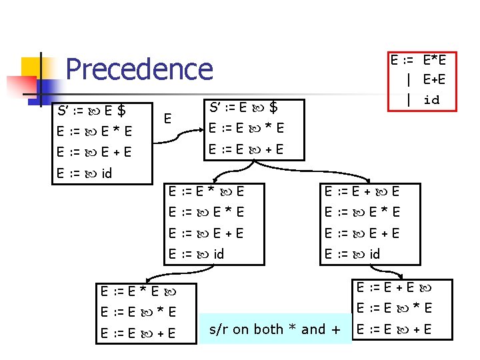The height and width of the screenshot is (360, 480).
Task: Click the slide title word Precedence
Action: point(139,69)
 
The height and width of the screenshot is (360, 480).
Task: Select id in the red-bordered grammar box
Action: point(431,99)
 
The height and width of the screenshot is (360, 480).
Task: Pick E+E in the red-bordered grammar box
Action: point(434,80)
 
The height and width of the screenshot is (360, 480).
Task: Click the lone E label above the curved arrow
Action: point(169,119)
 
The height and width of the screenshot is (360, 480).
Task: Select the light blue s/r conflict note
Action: point(275,329)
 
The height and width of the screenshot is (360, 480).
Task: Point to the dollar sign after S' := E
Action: point(273,107)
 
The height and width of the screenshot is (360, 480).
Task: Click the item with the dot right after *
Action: point(206,191)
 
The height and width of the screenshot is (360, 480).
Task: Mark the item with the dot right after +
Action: point(362,191)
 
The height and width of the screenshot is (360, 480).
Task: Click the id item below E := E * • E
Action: point(197,253)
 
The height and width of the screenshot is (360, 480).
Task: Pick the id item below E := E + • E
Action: point(353,253)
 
